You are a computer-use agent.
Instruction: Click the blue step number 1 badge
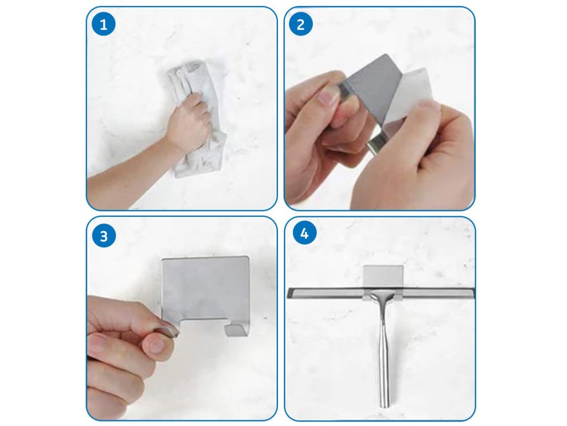point(104,24)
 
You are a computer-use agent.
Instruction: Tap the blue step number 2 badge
point(301,24)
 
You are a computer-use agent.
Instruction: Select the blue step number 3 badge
point(104,236)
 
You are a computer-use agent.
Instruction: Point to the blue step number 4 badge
point(305,233)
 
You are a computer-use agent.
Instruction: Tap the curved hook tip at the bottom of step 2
point(376,144)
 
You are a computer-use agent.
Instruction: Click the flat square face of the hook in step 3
point(205,286)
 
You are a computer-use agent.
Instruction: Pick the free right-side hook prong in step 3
point(236,328)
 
